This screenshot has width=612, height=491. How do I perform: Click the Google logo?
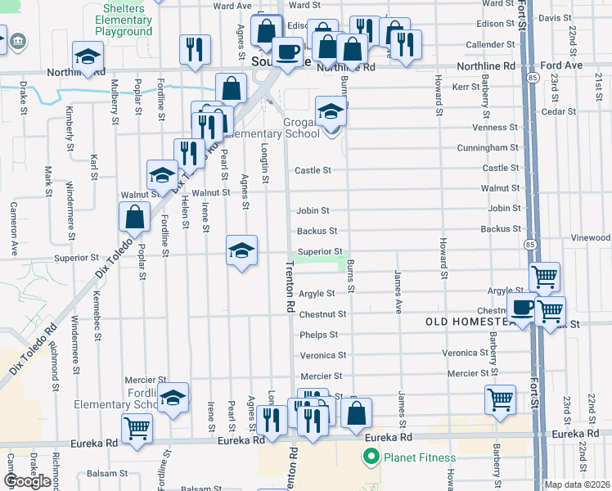coord(27,481)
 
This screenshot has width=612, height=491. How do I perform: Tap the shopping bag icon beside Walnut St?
coord(135,217)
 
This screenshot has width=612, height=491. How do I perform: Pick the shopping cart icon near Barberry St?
coord(500,399)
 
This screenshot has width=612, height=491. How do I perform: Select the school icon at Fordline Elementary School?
coord(173,398)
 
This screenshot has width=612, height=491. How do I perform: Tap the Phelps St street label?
coord(318,335)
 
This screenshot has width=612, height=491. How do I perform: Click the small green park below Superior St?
coord(318,263)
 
